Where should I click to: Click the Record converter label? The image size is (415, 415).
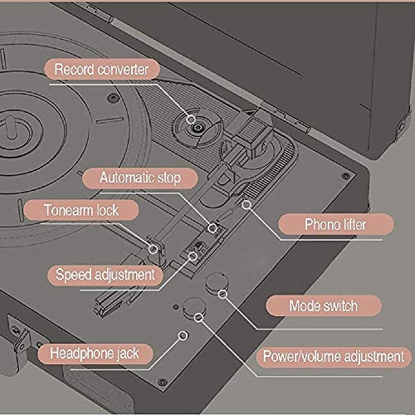[102, 69]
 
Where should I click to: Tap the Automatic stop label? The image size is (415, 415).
[140, 178]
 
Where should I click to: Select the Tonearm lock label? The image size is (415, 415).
[81, 210]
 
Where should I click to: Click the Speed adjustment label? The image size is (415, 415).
[105, 275]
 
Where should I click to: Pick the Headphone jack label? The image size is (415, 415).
[95, 354]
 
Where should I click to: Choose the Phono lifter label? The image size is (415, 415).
[335, 224]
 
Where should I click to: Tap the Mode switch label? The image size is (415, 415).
[324, 305]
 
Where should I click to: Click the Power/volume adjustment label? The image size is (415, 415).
[334, 356]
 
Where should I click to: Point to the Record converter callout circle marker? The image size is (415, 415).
[191, 120]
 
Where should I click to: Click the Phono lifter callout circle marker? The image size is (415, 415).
[247, 205]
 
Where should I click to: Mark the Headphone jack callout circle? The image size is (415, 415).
[183, 335]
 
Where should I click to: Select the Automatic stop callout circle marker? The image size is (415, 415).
[212, 228]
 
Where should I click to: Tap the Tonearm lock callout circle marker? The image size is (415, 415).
[153, 249]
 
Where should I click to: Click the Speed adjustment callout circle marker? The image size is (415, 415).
[193, 256]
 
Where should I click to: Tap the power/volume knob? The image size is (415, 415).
[194, 308]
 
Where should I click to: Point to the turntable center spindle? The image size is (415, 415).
[11, 127]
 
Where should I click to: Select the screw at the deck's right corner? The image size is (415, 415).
[345, 175]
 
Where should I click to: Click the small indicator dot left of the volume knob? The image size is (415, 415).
[175, 307]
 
